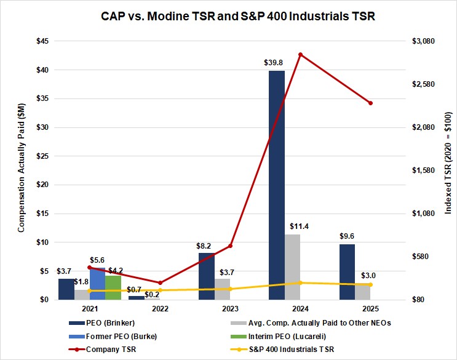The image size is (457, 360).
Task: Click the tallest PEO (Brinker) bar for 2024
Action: tap(277, 185)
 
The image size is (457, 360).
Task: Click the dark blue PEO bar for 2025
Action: tap(347, 271)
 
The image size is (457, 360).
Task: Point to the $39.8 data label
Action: tap(276, 62)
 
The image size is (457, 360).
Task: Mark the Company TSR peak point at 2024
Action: tap(300, 54)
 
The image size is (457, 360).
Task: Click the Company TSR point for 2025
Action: tap(370, 103)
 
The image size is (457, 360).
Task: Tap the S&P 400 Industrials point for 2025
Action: tap(370, 284)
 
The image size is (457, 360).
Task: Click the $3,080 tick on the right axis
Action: tap(423, 41)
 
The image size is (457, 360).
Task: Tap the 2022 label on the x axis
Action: tap(160, 308)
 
